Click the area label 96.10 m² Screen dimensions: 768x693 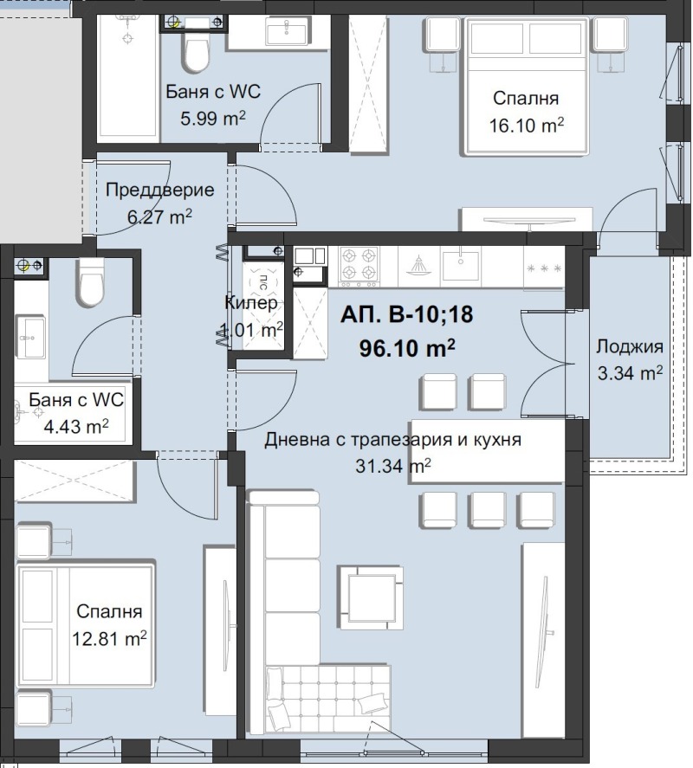407,348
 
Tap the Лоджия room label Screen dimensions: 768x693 629,347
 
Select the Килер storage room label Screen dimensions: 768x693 250,303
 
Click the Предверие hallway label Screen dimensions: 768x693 159,190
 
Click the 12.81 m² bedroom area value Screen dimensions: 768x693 108,640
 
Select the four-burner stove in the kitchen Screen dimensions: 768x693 359,264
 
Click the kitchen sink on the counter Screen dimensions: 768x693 462,264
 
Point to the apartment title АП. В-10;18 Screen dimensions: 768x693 407,315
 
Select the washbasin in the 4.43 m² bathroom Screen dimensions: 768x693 31,335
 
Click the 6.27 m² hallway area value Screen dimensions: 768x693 159,217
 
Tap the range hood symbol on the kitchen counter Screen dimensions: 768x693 418,264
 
